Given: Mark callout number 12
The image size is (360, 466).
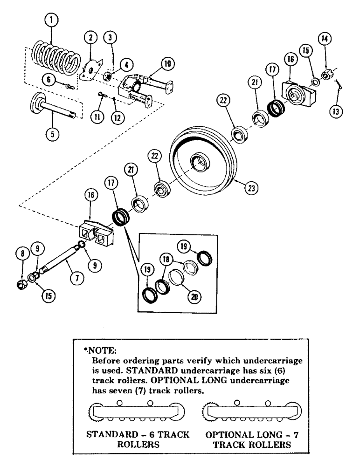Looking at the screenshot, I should (117, 117).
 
